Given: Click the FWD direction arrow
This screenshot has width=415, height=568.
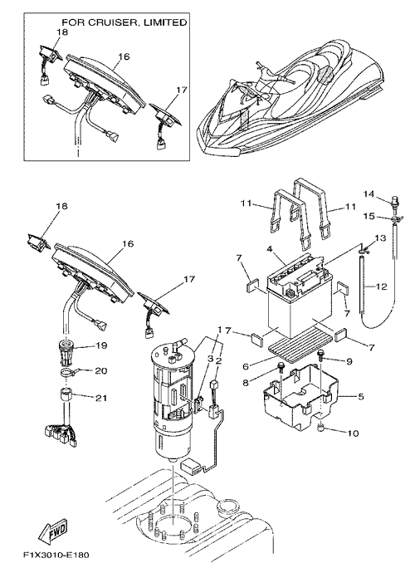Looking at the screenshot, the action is click(x=53, y=531).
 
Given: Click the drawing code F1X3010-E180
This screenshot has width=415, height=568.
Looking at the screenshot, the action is click(x=56, y=555).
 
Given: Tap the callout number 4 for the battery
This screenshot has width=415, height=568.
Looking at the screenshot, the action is click(x=270, y=249).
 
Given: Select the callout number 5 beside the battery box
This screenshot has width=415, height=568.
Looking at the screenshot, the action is click(x=361, y=397).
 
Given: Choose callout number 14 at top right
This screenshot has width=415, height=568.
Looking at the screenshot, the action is click(x=369, y=194).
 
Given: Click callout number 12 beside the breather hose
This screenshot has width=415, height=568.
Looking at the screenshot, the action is click(x=381, y=286).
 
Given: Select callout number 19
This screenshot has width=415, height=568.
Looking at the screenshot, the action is click(x=102, y=345).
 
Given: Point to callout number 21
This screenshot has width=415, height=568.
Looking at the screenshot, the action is click(x=102, y=398).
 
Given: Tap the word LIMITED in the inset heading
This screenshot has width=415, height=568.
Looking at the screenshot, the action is click(x=165, y=22).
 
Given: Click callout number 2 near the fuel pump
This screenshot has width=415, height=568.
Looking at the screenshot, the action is click(x=219, y=360).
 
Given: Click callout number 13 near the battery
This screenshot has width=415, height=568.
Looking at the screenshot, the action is click(x=381, y=238).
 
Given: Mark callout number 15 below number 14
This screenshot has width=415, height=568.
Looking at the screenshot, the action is click(x=369, y=216).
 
